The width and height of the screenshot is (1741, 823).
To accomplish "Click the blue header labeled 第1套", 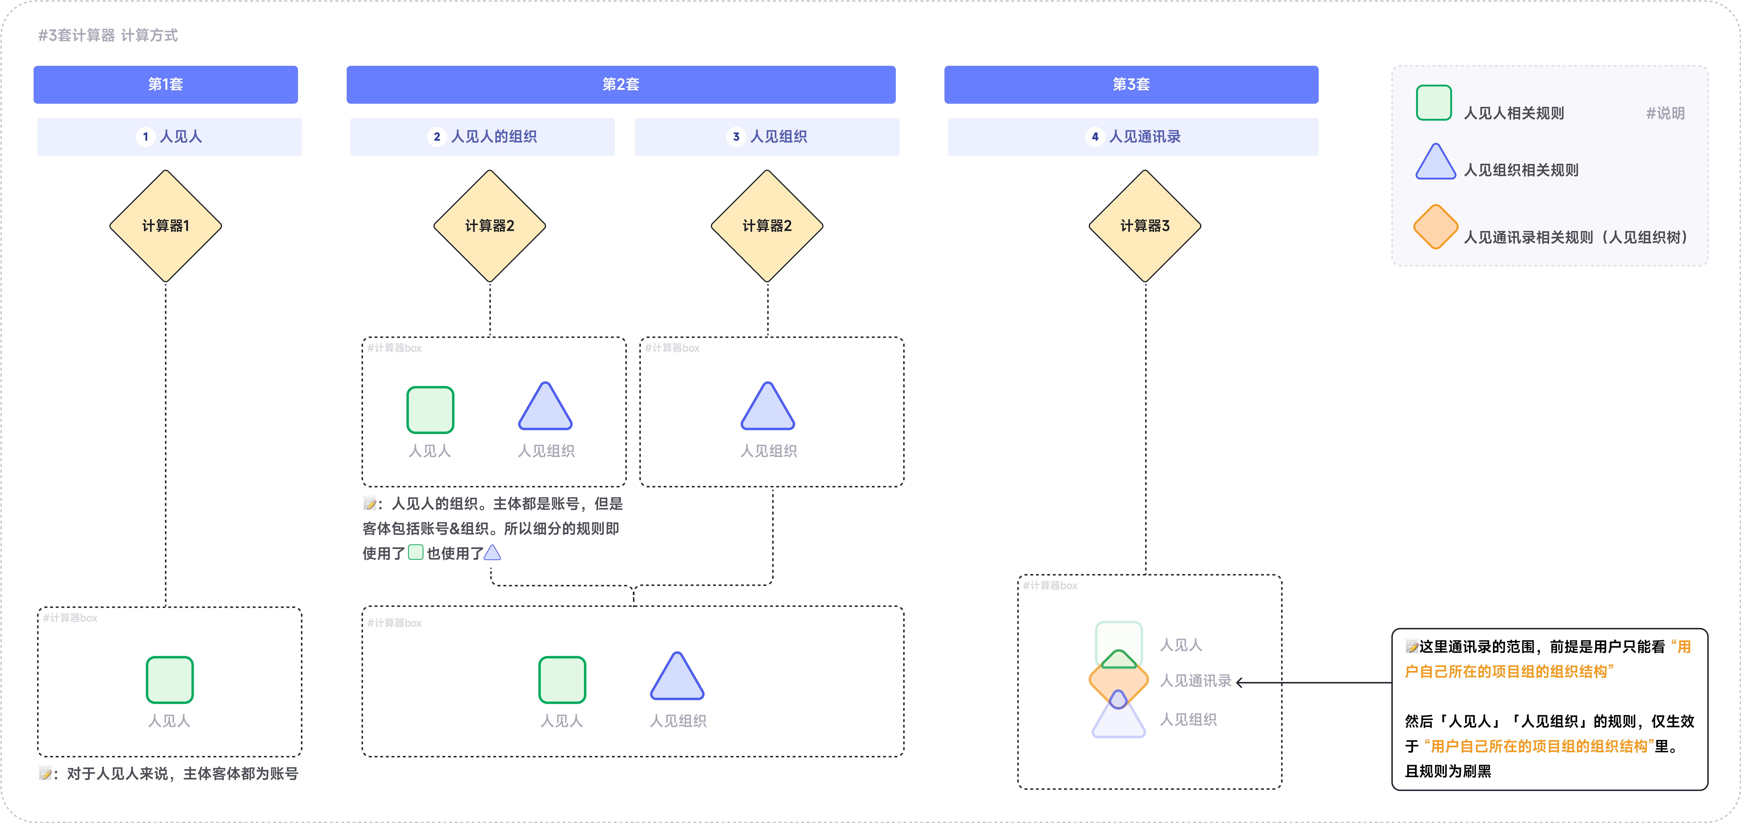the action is (166, 84).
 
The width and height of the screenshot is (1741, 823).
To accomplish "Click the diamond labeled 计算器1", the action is (166, 226).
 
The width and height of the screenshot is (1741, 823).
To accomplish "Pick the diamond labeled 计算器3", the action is (1145, 226).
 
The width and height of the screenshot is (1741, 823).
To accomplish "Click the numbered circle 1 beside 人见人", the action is (145, 137).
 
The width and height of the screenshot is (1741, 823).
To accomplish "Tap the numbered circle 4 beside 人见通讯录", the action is (1095, 137).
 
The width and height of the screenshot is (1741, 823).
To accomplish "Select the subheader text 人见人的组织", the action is (494, 137).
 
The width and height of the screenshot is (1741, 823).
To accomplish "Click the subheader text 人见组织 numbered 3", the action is (779, 137).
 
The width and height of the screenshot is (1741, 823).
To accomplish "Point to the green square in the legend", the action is (1434, 103).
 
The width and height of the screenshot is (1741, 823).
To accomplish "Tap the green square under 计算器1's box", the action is (170, 680).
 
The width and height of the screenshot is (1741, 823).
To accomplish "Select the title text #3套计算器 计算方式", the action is (108, 35).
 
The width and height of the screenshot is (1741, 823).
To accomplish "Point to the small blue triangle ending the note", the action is (493, 553).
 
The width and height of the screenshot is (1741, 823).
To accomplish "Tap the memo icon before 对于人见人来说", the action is (45, 774).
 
